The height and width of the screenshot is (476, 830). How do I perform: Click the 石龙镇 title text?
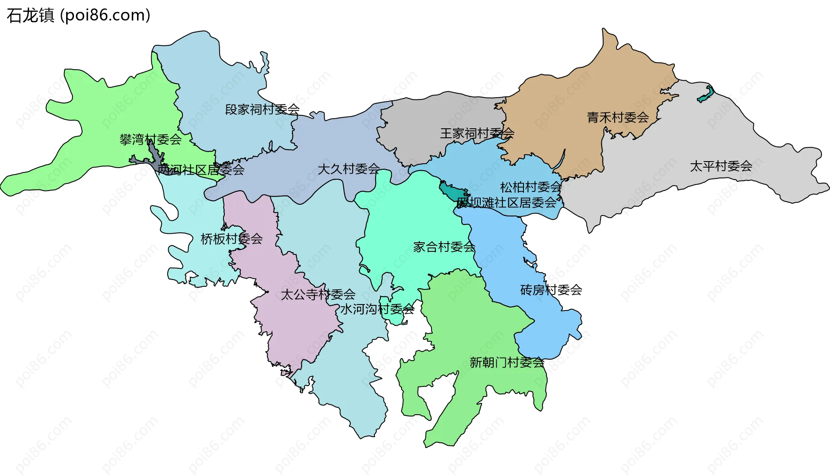[x=30, y=16]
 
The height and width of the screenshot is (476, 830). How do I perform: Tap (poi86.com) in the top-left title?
[x=105, y=16]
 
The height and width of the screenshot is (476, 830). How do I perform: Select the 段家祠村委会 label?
[x=262, y=109]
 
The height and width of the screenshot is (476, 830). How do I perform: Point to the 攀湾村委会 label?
[x=150, y=140]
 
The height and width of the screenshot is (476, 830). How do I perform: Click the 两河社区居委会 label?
[x=201, y=170]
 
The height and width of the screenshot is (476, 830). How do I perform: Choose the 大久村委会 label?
[x=348, y=169]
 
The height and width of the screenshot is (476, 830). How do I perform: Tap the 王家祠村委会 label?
[x=477, y=133]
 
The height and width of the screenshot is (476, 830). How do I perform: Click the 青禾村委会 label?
[x=617, y=117]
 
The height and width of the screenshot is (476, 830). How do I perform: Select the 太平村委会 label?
[x=721, y=166]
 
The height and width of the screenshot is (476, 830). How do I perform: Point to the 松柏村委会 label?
[x=531, y=187]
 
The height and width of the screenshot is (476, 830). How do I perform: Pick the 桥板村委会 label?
[x=232, y=239]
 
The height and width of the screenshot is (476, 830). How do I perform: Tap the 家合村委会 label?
[x=444, y=247]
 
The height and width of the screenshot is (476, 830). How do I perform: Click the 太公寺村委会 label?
[x=318, y=295]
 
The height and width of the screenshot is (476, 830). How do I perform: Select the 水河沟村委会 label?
[x=377, y=309]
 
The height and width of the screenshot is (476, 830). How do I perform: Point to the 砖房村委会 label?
[x=551, y=290]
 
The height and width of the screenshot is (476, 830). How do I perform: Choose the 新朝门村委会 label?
[x=507, y=362]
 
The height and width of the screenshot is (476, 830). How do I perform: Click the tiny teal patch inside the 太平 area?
[x=705, y=95]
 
